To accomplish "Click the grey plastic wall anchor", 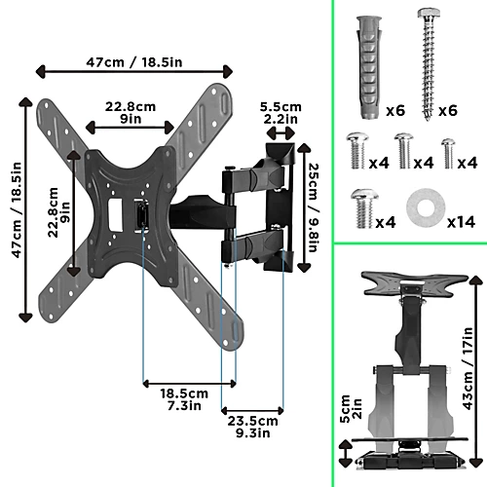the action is [369, 67].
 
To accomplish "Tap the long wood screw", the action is [429, 65].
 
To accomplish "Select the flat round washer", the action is [426, 208].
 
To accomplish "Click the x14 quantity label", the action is [461, 222].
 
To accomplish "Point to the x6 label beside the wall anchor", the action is [395, 111].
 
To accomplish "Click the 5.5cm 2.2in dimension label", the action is [281, 113].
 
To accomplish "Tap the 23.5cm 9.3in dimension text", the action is [252, 427].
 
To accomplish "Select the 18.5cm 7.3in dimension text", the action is [184, 399].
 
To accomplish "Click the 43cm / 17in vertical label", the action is [468, 368].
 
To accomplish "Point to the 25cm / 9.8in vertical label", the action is [314, 207].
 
